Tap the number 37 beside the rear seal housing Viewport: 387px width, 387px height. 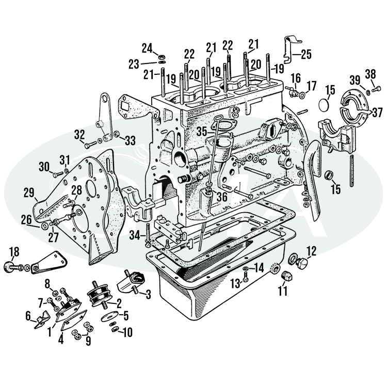[377, 112]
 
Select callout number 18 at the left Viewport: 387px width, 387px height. [14, 251]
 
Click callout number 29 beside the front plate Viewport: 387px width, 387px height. [29, 193]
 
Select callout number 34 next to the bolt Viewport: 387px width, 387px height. [135, 235]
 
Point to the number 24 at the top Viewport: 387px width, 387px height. [148, 49]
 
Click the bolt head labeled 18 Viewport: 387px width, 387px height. [9, 267]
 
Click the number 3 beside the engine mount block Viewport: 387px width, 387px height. [148, 295]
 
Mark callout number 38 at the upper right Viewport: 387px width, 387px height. [370, 73]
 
